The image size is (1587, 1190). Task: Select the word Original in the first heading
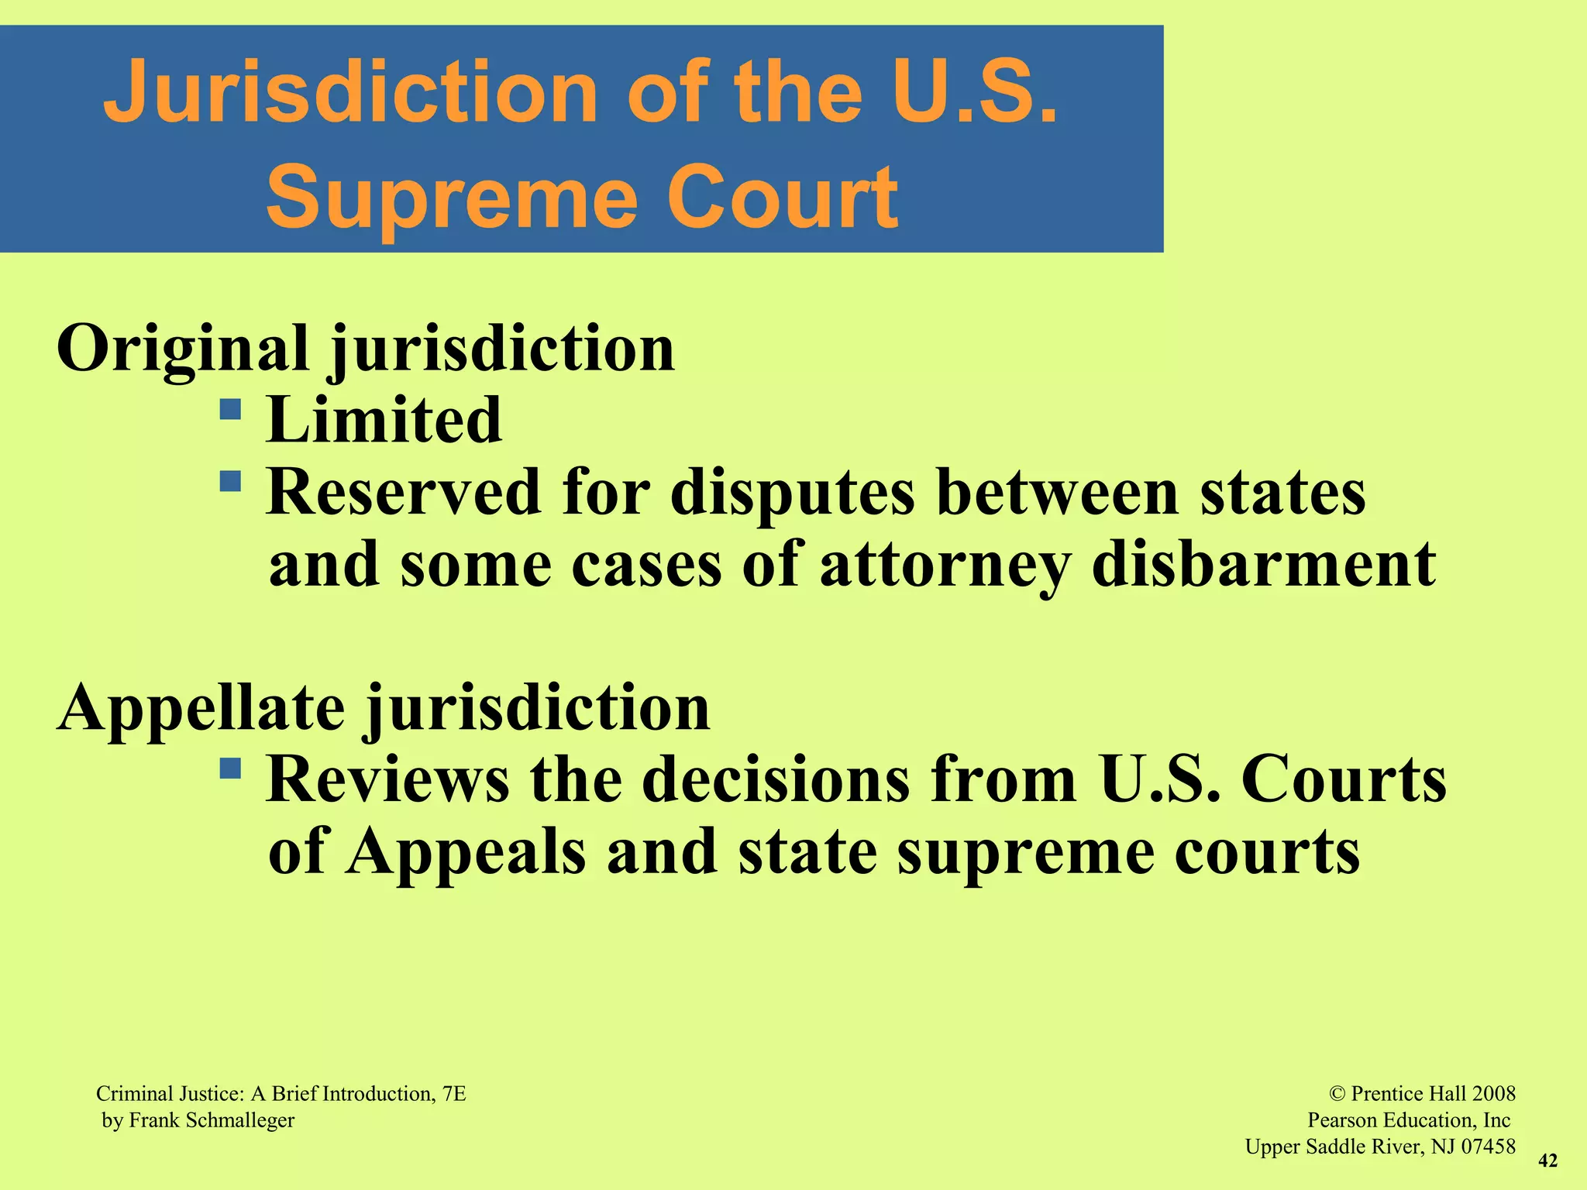[x=183, y=349]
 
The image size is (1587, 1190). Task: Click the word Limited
[x=384, y=420]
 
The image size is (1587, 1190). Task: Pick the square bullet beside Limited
[x=230, y=408]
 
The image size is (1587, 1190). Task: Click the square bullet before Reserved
[x=230, y=481]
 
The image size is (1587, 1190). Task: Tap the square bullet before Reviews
[x=230, y=768]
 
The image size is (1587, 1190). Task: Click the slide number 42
[x=1547, y=1161]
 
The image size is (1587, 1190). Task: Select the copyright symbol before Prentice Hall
[x=1337, y=1094]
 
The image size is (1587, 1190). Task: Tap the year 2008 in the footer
[x=1493, y=1094]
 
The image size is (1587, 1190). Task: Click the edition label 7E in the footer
[x=454, y=1094]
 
